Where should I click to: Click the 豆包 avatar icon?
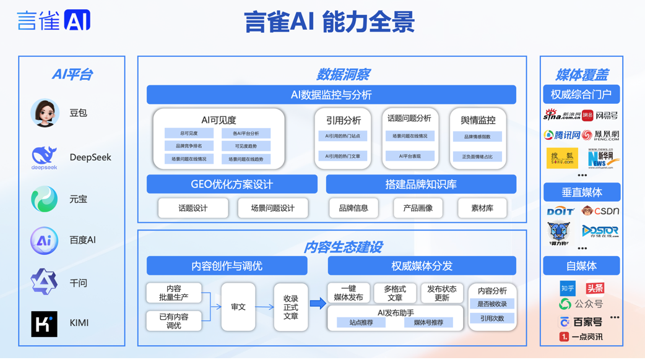45,113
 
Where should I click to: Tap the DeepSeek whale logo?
44,157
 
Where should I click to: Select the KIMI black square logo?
44,324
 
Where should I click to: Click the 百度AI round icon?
44,241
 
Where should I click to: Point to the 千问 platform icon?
44,282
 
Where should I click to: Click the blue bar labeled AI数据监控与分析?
331,95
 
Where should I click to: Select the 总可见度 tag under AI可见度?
189,134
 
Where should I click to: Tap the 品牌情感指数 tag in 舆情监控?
477,137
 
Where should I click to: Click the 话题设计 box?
193,208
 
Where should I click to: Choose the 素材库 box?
482,208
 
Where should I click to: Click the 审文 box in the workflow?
238,307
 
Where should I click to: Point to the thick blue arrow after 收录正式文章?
318,303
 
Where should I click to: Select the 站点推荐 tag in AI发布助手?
361,322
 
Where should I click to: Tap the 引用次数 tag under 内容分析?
492,319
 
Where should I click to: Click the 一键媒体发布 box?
348,293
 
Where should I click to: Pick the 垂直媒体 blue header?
581,192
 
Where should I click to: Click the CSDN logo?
600,212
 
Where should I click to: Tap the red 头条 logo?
595,288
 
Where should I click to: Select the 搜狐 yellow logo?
562,158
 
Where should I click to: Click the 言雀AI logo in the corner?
54,20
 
